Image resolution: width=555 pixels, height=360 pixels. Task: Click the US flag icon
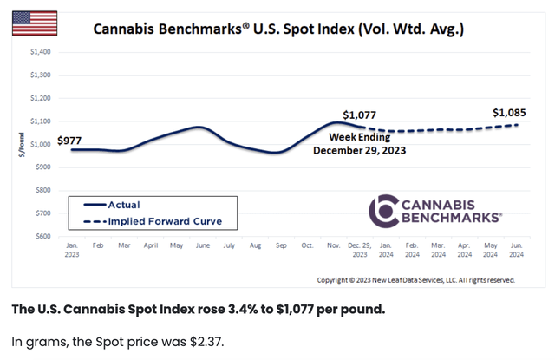click(x=35, y=23)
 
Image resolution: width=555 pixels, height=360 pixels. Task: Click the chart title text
click(x=278, y=29)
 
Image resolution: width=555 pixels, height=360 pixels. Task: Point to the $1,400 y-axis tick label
click(x=40, y=52)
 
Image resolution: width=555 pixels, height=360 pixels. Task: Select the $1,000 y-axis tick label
click(x=40, y=144)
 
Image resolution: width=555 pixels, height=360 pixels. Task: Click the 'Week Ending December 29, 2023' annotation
click(x=358, y=144)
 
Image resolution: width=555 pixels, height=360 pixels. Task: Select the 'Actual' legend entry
click(x=123, y=205)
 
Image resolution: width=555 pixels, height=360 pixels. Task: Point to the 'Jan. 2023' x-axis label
click(x=72, y=251)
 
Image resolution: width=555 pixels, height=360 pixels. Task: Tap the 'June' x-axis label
click(x=202, y=246)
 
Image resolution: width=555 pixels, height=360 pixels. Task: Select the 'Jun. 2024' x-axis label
click(x=515, y=251)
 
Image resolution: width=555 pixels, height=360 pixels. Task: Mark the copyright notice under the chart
click(x=415, y=280)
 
